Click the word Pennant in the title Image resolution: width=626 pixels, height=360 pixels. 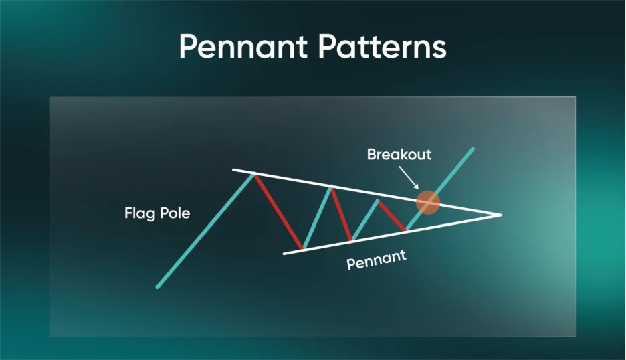coord(243,46)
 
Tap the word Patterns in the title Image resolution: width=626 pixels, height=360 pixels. coord(382,46)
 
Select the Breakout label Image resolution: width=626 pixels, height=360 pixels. coord(399,154)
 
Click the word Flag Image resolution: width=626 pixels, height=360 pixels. coord(140,213)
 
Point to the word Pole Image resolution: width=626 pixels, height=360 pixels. coord(175,213)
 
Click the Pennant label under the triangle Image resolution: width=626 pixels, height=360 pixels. coord(377,260)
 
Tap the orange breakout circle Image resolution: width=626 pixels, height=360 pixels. coord(428,202)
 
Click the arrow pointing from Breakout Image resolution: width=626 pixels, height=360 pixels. coord(409,177)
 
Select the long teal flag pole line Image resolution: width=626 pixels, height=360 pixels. coord(205,230)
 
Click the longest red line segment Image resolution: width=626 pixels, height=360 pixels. coord(279,211)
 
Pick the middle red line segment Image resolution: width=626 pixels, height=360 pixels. coord(342,214)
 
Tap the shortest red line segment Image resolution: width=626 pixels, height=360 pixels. coord(392,215)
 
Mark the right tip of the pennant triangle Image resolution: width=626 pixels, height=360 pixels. coord(501,215)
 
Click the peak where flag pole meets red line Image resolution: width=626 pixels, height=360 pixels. coord(254,173)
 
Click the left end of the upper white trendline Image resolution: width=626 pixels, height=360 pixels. coord(233,170)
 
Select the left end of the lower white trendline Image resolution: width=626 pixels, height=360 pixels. coord(284,254)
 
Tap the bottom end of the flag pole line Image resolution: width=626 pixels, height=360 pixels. coord(158,287)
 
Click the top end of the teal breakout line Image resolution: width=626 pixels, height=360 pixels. coord(473,149)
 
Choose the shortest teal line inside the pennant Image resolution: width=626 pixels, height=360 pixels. coord(365,219)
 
